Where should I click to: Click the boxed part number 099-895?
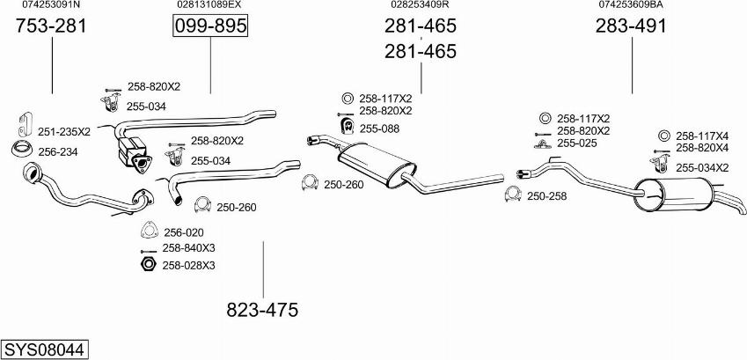[x=210, y=27]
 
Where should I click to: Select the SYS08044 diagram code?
[x=45, y=349]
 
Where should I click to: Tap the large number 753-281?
[x=52, y=26]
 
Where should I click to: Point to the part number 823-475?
[x=262, y=310]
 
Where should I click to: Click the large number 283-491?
[x=631, y=26]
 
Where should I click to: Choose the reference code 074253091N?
[x=52, y=4]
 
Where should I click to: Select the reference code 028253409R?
[x=420, y=4]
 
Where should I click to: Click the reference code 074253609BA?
[x=631, y=4]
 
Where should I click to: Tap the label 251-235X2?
[x=64, y=131]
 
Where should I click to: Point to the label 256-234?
[x=58, y=151]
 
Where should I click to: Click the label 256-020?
[x=184, y=232]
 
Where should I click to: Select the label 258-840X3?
[x=188, y=248]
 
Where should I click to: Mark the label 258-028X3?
[x=188, y=265]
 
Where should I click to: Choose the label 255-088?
[x=379, y=129]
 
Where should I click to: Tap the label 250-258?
[x=547, y=195]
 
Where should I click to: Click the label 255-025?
[x=577, y=143]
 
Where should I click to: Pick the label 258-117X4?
[x=702, y=136]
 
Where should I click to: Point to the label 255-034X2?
[x=702, y=167]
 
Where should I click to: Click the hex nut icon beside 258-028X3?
[x=148, y=265]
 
